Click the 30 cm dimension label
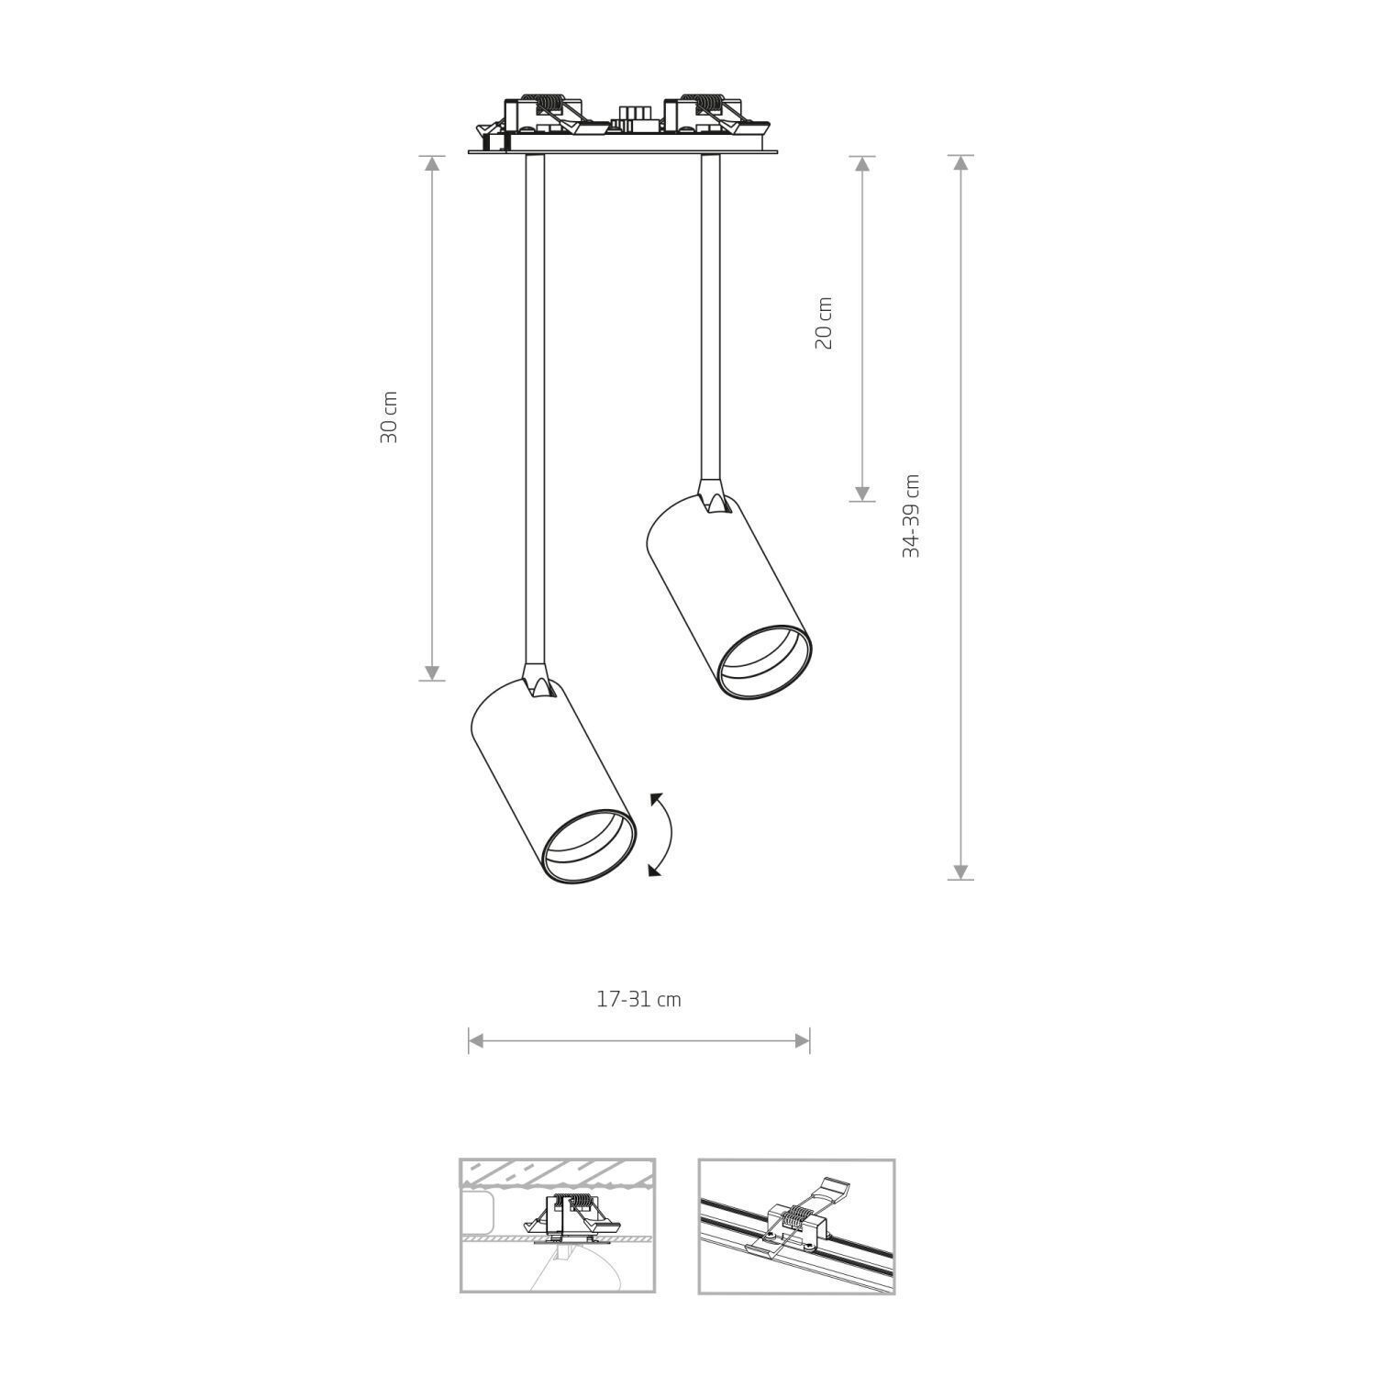(x=389, y=417)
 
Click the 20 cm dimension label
(x=824, y=323)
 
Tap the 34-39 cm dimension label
(x=911, y=516)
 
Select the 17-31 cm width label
(x=638, y=1000)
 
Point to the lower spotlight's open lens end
(x=589, y=846)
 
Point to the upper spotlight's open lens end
(x=764, y=661)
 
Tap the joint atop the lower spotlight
(x=537, y=683)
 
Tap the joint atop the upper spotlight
(x=713, y=498)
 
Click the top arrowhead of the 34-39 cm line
(x=960, y=163)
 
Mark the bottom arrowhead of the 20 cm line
(x=861, y=494)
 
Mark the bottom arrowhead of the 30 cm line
(x=432, y=672)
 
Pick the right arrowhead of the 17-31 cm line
(x=803, y=1040)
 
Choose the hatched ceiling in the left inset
(x=557, y=1173)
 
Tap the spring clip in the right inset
(x=798, y=1216)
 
